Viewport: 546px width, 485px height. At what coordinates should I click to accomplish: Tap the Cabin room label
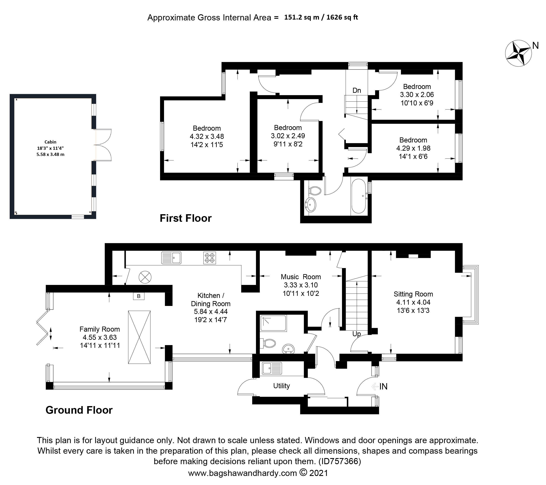pyautogui.click(x=50, y=142)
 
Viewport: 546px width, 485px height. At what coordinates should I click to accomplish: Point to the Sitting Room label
pyautogui.click(x=413, y=294)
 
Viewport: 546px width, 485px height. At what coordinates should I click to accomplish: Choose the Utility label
pyautogui.click(x=282, y=386)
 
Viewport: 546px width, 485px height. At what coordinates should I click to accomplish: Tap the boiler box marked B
pyautogui.click(x=139, y=296)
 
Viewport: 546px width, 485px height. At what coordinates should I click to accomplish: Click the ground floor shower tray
pyautogui.click(x=273, y=323)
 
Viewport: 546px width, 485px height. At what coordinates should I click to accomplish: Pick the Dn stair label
pyautogui.click(x=357, y=90)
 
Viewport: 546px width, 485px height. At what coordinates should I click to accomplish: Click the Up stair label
pyautogui.click(x=357, y=334)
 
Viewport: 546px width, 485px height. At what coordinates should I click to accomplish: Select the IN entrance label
pyautogui.click(x=383, y=386)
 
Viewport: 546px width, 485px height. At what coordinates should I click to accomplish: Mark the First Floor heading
pyautogui.click(x=186, y=218)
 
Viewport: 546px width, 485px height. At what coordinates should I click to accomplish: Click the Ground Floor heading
pyautogui.click(x=79, y=410)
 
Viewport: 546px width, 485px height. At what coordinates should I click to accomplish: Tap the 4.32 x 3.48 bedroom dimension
pyautogui.click(x=207, y=136)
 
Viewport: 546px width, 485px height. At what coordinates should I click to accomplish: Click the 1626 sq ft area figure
pyautogui.click(x=342, y=17)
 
